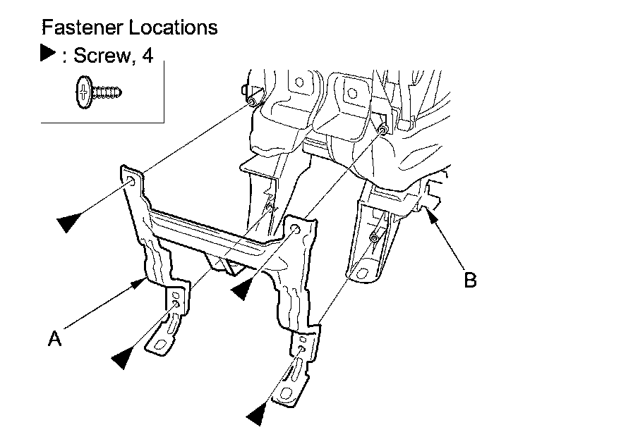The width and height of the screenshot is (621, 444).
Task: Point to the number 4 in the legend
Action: (147, 55)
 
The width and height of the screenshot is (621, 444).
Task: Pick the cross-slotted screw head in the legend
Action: (83, 91)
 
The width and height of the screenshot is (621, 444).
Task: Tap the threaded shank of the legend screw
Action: (108, 91)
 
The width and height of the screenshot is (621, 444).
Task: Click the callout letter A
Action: (54, 339)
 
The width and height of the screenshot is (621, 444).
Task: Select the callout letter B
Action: (470, 280)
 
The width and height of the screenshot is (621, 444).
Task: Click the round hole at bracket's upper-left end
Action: (131, 182)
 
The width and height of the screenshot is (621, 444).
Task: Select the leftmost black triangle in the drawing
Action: (68, 223)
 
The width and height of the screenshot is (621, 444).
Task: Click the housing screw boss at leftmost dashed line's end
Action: (251, 102)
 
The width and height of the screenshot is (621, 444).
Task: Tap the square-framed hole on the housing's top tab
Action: (351, 91)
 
